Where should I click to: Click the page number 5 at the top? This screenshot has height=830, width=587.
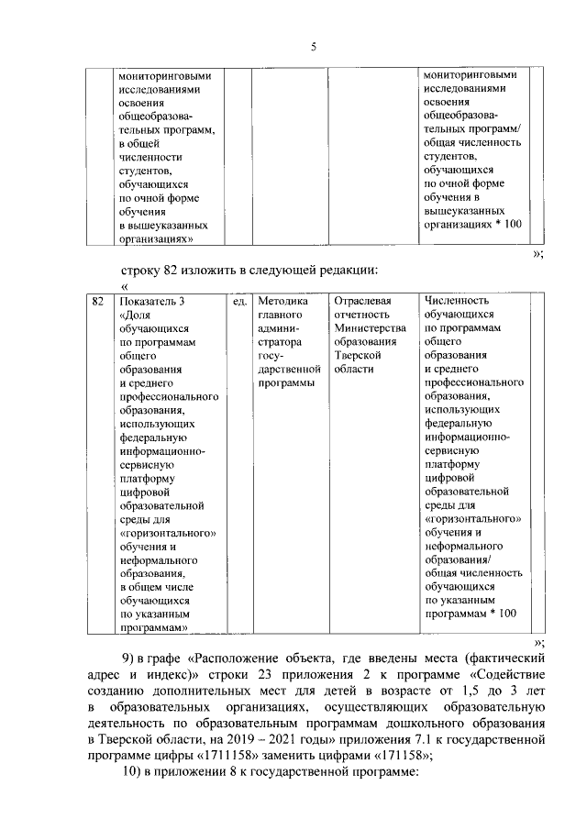313,48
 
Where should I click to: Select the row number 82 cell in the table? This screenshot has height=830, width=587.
97,300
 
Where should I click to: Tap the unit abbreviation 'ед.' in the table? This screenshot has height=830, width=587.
239,300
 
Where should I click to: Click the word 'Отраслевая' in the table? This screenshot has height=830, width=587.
363,300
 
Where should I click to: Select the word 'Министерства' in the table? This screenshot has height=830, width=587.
370,328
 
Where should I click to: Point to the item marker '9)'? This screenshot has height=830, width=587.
131,658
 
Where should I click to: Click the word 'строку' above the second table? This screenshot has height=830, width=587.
142,270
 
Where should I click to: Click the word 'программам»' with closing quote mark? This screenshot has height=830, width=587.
153,627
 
